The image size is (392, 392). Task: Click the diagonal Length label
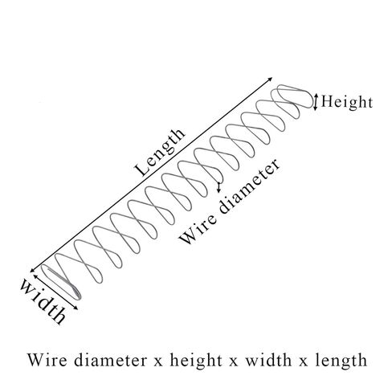(160, 152)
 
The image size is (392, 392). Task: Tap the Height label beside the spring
(347, 102)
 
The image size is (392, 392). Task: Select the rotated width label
(43, 301)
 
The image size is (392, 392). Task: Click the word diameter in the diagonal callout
(249, 186)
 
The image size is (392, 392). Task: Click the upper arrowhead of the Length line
(271, 79)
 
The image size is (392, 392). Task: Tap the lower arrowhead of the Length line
(32, 271)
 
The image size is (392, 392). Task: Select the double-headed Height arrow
(316, 102)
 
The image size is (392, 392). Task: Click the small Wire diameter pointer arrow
(219, 187)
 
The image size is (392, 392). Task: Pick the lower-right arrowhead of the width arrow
(76, 308)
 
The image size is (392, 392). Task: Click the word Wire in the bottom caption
(47, 360)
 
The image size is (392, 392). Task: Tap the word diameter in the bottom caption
(111, 360)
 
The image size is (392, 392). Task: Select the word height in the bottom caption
(196, 361)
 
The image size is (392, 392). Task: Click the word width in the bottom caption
(268, 360)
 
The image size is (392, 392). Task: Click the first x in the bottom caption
(158, 362)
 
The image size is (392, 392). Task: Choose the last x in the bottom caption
(304, 362)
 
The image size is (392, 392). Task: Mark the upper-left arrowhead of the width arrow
(35, 276)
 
